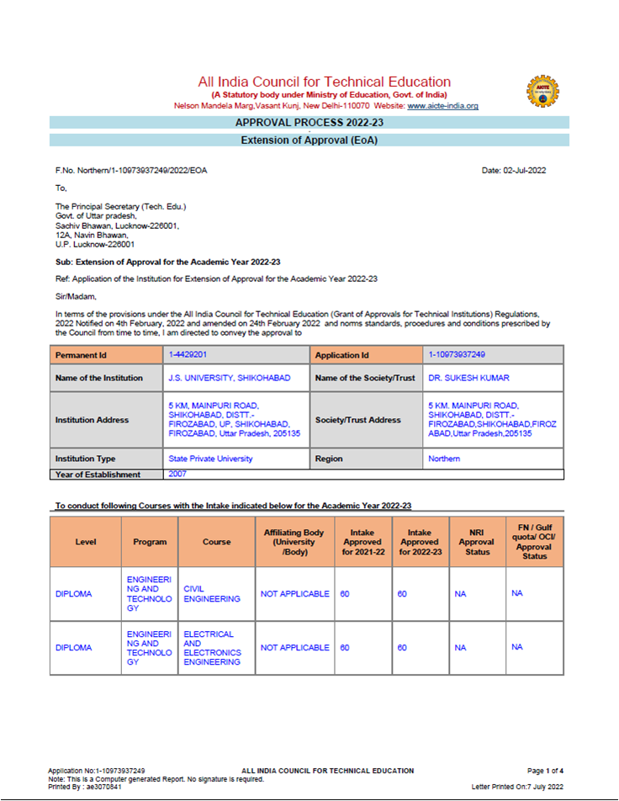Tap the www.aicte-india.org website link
(x=442, y=106)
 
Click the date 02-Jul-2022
(x=514, y=170)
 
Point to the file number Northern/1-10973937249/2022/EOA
(x=131, y=170)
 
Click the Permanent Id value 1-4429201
(x=188, y=355)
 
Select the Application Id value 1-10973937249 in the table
(x=457, y=355)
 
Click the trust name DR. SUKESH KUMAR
(x=468, y=378)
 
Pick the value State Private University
(x=210, y=459)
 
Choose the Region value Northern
(x=444, y=459)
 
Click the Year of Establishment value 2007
(x=177, y=474)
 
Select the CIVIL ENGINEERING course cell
(x=212, y=594)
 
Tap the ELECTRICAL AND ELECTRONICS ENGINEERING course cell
(x=212, y=648)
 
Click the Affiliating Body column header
(x=294, y=542)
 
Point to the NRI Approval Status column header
(x=477, y=542)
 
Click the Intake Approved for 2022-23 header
(x=419, y=542)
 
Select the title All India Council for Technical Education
(x=324, y=82)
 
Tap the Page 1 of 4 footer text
(x=544, y=771)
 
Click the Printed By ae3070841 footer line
(x=85, y=787)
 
